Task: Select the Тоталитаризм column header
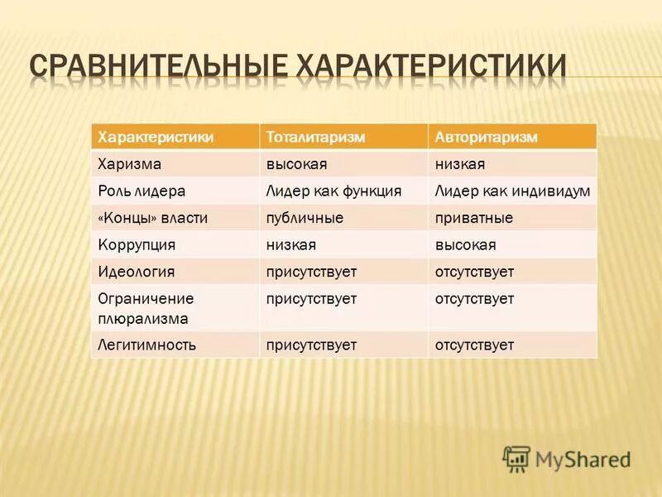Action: [315, 137]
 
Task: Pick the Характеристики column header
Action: [156, 137]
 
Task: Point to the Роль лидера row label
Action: [141, 191]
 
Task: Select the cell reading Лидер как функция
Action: [333, 191]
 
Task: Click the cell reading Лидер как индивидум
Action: [512, 191]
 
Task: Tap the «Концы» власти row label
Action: [152, 218]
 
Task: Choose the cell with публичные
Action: [304, 218]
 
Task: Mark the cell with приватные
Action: [474, 218]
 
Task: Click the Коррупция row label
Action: [137, 245]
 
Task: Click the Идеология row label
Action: [137, 272]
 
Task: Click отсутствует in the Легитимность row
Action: [474, 345]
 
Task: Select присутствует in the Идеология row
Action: [311, 272]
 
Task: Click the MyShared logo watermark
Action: [567, 458]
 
